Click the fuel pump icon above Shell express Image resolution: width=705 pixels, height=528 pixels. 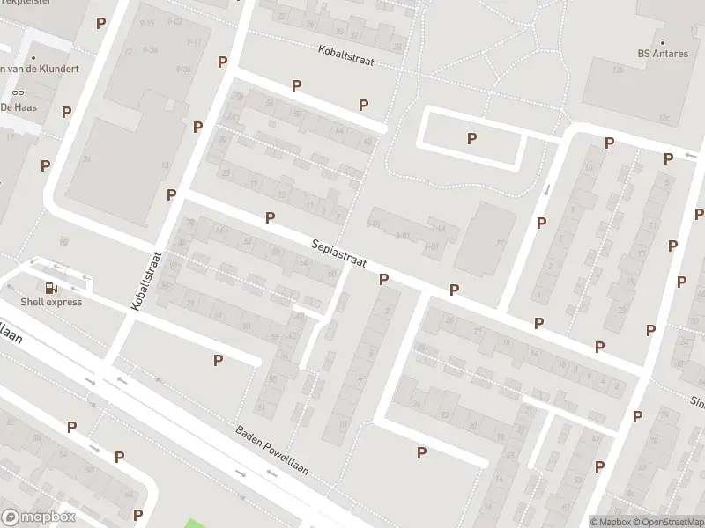tap(52, 287)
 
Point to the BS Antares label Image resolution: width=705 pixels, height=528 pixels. tap(663, 54)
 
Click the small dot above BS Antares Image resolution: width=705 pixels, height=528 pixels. tap(663, 41)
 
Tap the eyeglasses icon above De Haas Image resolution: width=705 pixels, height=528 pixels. tap(18, 92)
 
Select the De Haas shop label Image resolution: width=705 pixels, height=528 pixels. tap(17, 106)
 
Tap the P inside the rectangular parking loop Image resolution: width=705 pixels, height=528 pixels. tap(471, 138)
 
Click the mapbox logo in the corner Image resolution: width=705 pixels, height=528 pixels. tap(39, 517)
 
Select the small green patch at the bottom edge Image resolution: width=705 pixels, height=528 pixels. tap(201, 523)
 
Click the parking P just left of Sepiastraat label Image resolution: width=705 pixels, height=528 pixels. tap(270, 217)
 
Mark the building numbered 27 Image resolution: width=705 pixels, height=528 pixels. tap(499, 244)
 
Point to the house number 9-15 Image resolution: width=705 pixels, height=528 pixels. tap(146, 23)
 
